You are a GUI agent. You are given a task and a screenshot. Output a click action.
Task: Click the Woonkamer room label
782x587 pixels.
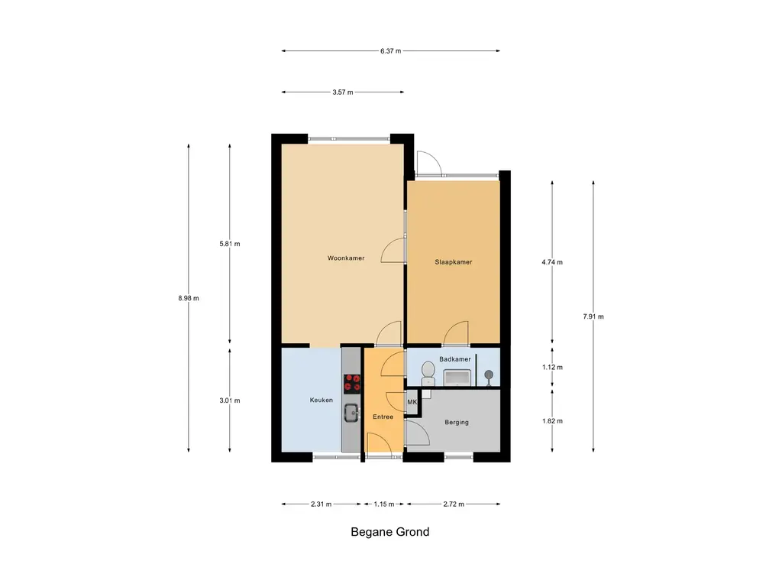click(x=346, y=258)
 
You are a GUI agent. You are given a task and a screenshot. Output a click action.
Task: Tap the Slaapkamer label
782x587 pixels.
click(x=454, y=262)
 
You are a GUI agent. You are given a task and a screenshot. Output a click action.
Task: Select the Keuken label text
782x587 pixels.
click(x=322, y=400)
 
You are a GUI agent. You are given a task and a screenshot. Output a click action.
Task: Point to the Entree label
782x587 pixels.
click(x=383, y=417)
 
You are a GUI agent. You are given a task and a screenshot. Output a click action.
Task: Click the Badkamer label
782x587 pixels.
click(x=455, y=359)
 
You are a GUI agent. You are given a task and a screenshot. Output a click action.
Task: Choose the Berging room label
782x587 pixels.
click(x=457, y=422)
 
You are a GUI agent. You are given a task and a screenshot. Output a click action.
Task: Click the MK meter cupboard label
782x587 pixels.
click(x=412, y=402)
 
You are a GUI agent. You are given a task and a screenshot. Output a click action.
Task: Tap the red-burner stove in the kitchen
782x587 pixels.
click(x=352, y=384)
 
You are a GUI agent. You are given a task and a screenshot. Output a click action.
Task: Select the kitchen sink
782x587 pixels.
click(x=351, y=413)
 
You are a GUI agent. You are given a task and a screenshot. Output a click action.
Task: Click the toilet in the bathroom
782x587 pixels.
click(x=428, y=373)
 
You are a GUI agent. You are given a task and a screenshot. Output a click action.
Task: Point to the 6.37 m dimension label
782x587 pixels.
click(x=390, y=51)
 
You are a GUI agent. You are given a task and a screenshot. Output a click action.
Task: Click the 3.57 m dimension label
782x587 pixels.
click(x=343, y=92)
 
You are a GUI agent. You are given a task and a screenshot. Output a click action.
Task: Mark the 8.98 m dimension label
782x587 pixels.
click(x=189, y=299)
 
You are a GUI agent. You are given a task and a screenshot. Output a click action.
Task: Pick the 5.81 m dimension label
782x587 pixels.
click(x=229, y=244)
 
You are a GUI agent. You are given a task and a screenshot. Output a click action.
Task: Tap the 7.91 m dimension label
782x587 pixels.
click(x=593, y=316)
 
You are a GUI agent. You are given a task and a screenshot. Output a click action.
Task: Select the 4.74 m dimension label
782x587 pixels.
click(x=552, y=262)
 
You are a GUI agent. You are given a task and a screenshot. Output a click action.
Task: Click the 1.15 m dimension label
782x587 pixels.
click(x=384, y=504)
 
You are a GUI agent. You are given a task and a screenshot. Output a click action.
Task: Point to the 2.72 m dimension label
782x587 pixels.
click(x=454, y=504)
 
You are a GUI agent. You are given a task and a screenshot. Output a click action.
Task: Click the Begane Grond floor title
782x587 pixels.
click(x=390, y=532)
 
